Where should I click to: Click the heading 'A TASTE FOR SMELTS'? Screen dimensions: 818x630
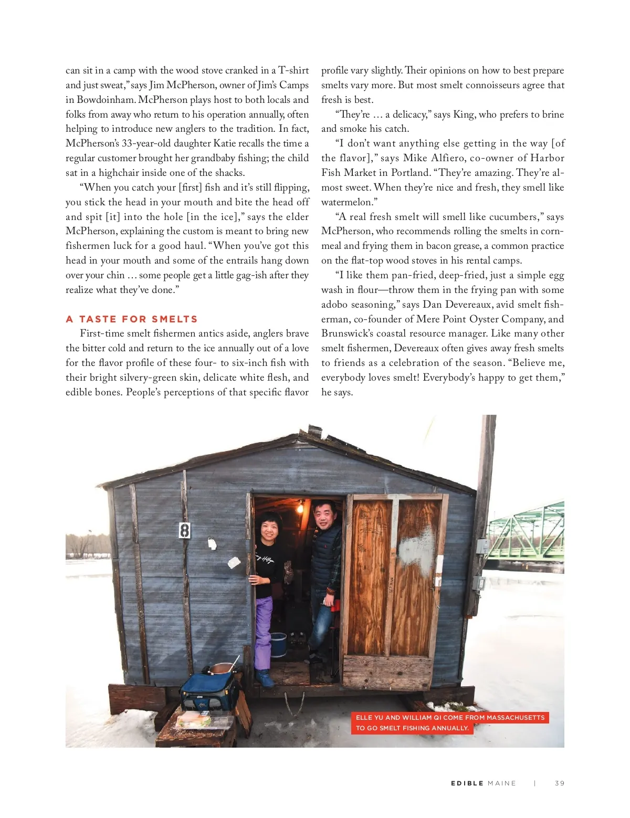click(x=132, y=319)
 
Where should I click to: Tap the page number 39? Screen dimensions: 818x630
click(x=560, y=783)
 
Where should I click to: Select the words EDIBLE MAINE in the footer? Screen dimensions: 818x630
click(x=483, y=783)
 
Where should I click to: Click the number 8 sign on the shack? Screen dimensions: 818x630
click(x=184, y=530)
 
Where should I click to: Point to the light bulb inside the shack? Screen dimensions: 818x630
click(x=300, y=508)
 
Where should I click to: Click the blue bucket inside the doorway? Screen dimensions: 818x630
click(x=278, y=644)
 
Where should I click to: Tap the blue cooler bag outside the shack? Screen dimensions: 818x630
click(x=208, y=691)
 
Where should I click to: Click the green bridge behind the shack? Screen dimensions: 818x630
click(x=525, y=533)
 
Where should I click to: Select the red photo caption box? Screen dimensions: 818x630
click(x=449, y=722)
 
